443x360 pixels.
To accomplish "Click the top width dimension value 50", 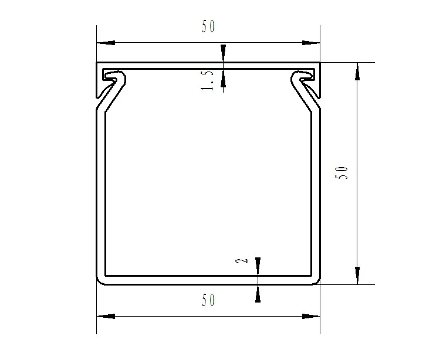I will (208, 27).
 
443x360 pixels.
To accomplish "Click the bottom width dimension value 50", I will (208, 300).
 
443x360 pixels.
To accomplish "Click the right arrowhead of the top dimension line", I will (311, 43).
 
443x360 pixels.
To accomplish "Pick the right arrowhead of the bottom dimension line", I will (311, 317).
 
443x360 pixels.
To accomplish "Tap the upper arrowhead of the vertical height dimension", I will (357, 71).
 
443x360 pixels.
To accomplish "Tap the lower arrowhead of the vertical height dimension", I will (357, 275).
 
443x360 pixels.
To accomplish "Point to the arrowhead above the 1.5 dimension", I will (223, 53).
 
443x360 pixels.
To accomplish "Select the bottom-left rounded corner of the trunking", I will (100, 281).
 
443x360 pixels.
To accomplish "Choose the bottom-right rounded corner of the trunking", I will (316, 281).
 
